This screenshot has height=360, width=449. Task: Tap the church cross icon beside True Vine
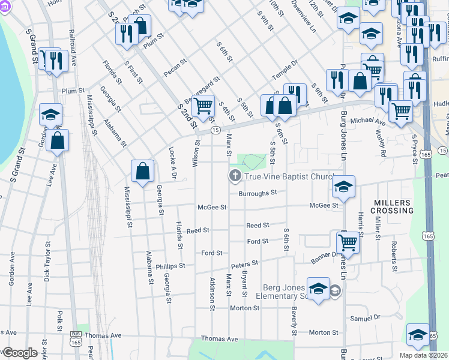click(234, 176)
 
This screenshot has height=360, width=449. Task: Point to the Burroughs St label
click(257, 193)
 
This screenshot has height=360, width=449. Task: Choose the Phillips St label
click(170, 265)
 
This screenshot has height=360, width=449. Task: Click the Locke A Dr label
click(172, 161)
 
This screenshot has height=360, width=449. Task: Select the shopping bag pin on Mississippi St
click(143, 172)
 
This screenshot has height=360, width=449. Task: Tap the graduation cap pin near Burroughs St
click(344, 187)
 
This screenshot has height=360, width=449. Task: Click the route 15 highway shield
click(215, 130)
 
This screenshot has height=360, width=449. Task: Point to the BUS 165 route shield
click(76, 338)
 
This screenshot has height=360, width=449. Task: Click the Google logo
click(20, 353)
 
